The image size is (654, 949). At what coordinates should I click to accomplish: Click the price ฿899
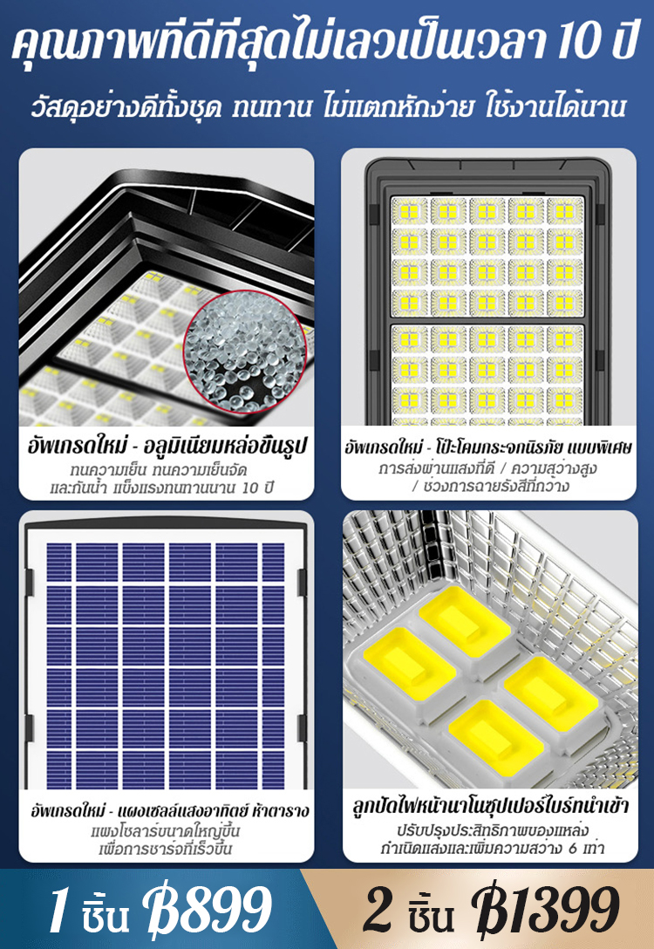pos(207,910)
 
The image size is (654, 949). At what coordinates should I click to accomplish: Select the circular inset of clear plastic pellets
pos(245,352)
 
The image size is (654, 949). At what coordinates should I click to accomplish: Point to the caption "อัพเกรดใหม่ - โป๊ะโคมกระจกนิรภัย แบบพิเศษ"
pos(489,447)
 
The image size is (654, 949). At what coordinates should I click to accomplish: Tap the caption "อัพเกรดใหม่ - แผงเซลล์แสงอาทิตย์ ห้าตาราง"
pos(170,809)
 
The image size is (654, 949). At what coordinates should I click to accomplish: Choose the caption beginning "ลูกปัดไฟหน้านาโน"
pos(491,806)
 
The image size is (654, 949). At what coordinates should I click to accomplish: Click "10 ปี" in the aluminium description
pos(258,488)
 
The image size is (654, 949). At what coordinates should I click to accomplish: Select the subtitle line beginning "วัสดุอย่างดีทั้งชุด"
pos(327,107)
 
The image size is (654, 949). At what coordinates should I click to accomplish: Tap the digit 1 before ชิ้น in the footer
pos(58,910)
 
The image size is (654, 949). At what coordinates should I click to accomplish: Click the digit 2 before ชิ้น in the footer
pos(378,910)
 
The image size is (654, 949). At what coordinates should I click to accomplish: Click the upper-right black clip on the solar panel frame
pos(302,580)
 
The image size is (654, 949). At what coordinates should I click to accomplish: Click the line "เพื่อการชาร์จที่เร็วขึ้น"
pos(166,850)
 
